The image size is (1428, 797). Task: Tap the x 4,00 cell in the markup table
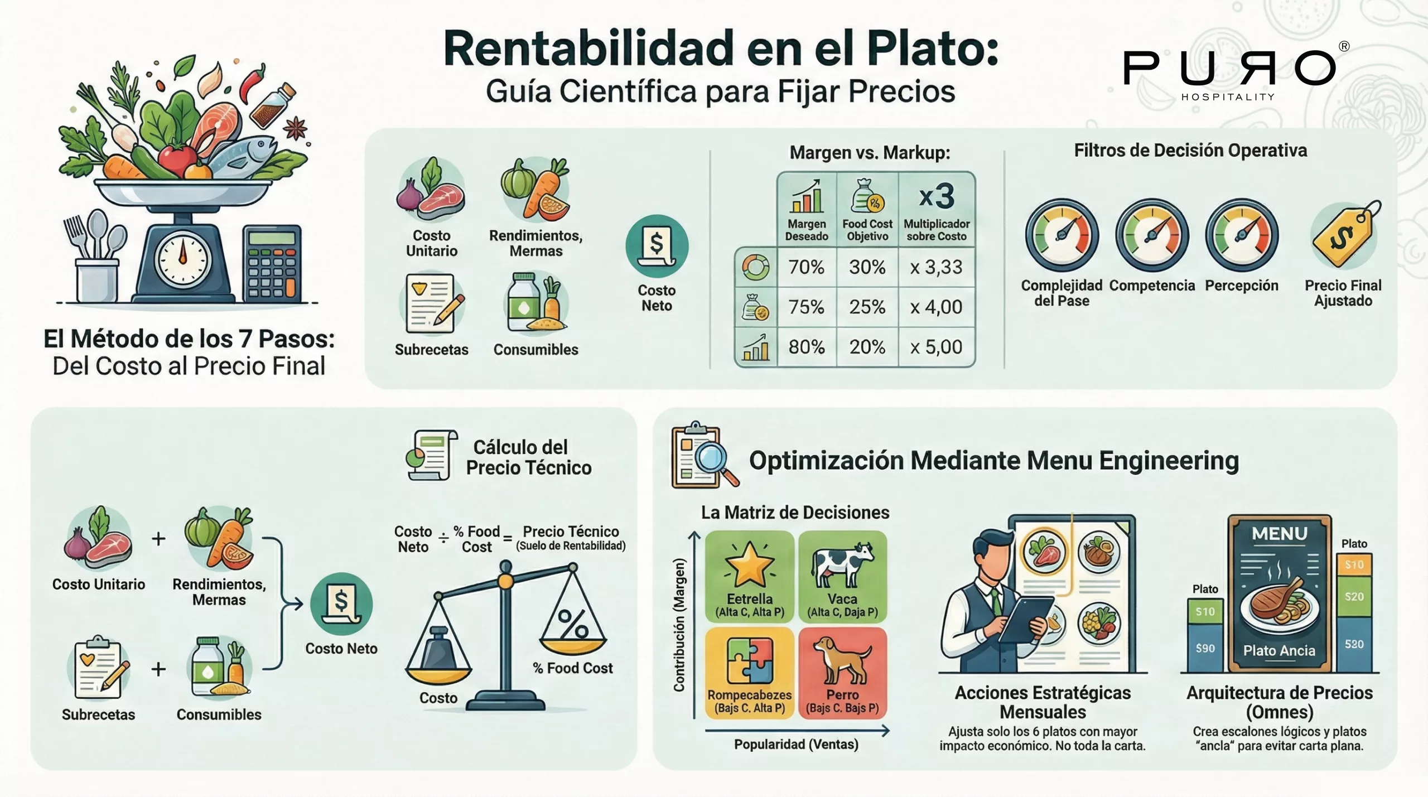click(936, 307)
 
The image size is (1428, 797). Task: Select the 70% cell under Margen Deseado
click(806, 267)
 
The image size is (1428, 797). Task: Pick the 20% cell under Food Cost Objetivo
click(867, 347)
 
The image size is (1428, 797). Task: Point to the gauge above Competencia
click(1152, 235)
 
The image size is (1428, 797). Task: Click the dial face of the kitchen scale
click(182, 259)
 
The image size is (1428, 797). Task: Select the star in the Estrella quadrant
click(749, 565)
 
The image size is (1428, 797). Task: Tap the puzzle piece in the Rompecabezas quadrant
click(749, 660)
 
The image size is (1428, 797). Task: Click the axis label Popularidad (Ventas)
click(796, 745)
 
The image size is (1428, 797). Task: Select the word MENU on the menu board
click(1280, 534)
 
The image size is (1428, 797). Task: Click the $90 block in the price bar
click(1205, 648)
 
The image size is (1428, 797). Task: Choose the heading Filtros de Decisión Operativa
click(1190, 151)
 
